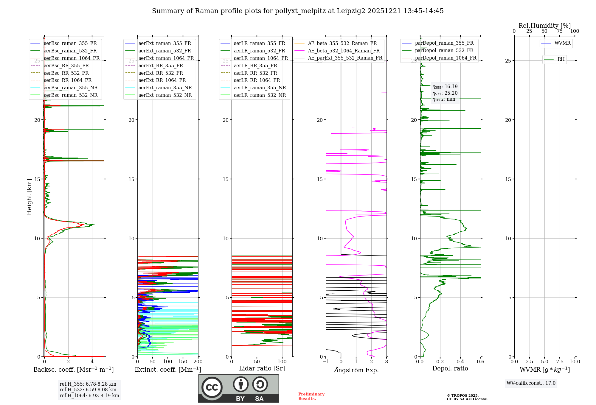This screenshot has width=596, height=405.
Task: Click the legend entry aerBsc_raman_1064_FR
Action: pyautogui.click(x=72, y=58)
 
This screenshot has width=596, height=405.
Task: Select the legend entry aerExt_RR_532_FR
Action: pyautogui.click(x=161, y=73)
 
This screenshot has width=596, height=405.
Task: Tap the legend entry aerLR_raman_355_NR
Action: pyautogui.click(x=260, y=88)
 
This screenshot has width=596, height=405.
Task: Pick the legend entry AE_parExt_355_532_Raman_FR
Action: pyautogui.click(x=345, y=58)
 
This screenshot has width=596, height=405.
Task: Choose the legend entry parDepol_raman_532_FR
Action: pyautogui.click(x=444, y=51)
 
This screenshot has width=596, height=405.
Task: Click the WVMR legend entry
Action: pyautogui.click(x=562, y=43)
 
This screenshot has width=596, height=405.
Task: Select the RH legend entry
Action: pyautogui.click(x=561, y=59)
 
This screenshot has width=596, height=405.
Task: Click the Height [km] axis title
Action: pyautogui.click(x=29, y=197)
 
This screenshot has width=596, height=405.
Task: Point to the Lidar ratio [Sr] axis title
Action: pyautogui.click(x=262, y=369)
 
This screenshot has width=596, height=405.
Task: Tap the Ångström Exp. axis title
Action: pyautogui.click(x=356, y=370)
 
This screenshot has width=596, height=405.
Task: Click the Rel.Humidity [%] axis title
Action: pyautogui.click(x=544, y=26)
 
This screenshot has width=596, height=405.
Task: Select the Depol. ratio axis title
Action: pyautogui.click(x=450, y=369)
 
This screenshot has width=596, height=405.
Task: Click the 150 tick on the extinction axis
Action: pyautogui.click(x=183, y=362)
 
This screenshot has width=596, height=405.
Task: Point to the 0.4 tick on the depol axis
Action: pyautogui.click(x=460, y=362)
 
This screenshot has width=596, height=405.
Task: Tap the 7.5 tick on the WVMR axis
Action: pyautogui.click(x=560, y=362)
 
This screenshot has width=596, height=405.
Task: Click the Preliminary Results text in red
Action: pyautogui.click(x=311, y=396)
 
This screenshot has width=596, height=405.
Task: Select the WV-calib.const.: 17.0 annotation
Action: pyautogui.click(x=531, y=383)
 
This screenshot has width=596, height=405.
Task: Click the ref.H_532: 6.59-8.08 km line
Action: pyautogui.click(x=88, y=390)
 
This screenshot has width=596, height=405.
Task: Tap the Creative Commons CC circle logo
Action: pyautogui.click(x=212, y=387)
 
